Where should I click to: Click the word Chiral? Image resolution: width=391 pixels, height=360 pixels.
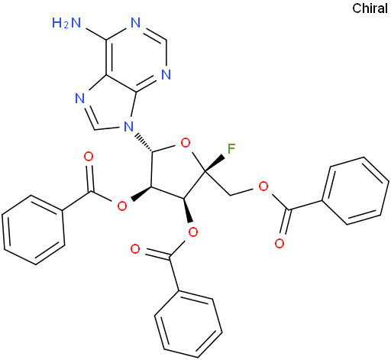(x=370, y=8)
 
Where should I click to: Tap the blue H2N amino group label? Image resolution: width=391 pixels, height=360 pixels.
(x=66, y=23)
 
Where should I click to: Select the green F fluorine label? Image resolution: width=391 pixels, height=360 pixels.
(x=231, y=149)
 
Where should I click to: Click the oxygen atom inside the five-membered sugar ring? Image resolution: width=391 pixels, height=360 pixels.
(x=185, y=143)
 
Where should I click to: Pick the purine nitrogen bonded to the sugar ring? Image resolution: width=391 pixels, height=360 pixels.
(x=129, y=126)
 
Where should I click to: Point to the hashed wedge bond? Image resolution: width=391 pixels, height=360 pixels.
(x=144, y=142)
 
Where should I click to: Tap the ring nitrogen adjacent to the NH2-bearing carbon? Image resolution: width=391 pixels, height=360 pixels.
(x=136, y=23)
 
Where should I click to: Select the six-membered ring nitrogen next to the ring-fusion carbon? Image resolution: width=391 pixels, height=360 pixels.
(x=166, y=75)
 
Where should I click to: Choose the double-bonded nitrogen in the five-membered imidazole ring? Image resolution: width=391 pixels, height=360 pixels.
(x=80, y=99)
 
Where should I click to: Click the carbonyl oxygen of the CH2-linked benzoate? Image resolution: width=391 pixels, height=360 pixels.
(x=280, y=243)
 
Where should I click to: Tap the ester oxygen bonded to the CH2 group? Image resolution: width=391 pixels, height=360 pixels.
(x=263, y=186)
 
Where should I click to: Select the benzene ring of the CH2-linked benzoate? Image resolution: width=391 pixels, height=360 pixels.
(x=355, y=191)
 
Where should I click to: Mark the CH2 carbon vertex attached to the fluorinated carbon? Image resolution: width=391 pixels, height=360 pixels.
(x=231, y=196)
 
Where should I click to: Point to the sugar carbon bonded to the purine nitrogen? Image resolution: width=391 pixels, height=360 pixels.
(x=153, y=152)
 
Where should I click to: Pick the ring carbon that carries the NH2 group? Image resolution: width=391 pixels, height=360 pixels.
(x=106, y=40)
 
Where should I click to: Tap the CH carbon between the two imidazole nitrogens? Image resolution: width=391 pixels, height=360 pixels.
(x=95, y=129)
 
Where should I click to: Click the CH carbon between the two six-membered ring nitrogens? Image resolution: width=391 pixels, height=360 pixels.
(x=166, y=40)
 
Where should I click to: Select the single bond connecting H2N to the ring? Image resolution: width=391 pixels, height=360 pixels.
(x=96, y=34)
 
